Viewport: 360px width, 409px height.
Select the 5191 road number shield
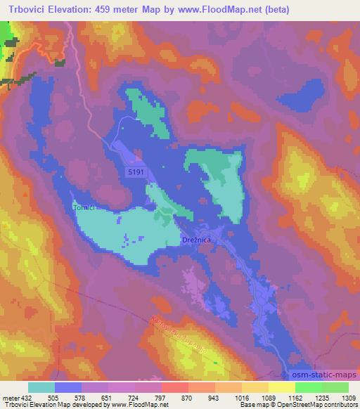tap(137, 171)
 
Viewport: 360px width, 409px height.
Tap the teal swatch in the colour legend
tap(41, 387)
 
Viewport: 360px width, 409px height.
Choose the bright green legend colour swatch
tap(308, 387)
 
